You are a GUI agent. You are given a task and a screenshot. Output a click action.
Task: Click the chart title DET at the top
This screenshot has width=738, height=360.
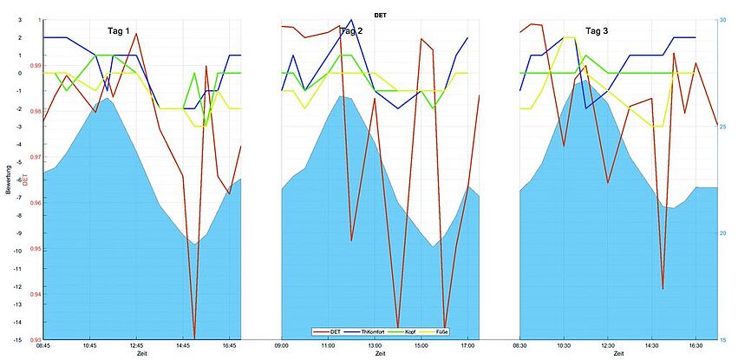[381, 15]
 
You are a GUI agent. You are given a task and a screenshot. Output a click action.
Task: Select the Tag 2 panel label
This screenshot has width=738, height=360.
[350, 31]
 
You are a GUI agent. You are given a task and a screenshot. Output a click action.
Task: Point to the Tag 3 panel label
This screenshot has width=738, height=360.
[597, 31]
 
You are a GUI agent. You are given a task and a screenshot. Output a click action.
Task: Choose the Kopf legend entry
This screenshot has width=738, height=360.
[404, 331]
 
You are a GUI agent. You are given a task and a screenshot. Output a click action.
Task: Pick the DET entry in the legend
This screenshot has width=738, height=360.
[330, 331]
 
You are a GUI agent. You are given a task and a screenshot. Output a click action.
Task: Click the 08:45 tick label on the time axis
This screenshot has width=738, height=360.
[42, 346]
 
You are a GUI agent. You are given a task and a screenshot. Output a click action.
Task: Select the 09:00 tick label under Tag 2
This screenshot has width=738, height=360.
[282, 346]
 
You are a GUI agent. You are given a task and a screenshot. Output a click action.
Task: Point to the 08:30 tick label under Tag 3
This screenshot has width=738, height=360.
[519, 346]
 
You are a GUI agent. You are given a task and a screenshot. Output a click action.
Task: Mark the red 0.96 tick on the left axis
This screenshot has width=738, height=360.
[35, 203]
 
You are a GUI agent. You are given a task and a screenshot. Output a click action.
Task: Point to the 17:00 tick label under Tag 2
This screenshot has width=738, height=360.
[466, 346]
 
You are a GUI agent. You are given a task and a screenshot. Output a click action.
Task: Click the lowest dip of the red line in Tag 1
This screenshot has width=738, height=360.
[194, 337]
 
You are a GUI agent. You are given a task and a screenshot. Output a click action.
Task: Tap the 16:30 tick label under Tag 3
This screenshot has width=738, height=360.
[696, 346]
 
